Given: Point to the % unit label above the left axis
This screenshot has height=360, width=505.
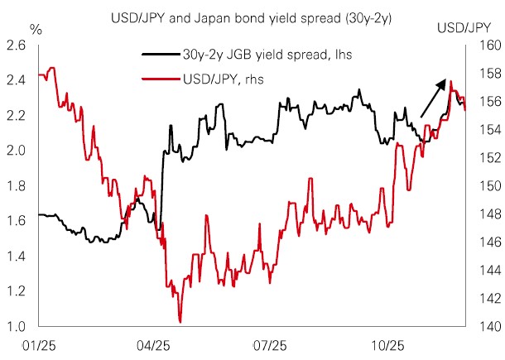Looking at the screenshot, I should pos(35,29).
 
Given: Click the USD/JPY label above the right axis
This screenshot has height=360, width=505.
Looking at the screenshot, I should pos(463,29).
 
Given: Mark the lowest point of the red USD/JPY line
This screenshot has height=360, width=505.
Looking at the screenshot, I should pos(180,322).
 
